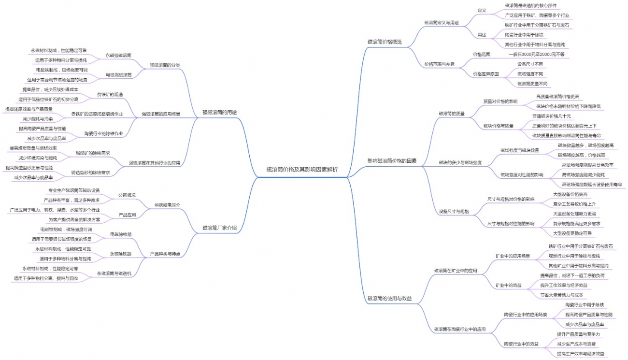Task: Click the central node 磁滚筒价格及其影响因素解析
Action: [x=302, y=170]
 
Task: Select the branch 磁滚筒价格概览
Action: [x=384, y=42]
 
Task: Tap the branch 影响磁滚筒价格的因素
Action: [x=392, y=160]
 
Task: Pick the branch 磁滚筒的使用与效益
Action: [x=389, y=299]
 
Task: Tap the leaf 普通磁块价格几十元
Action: [x=551, y=116]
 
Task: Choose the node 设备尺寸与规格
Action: [x=454, y=212]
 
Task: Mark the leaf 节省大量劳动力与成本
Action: [x=561, y=294]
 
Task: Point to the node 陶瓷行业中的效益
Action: [x=521, y=344]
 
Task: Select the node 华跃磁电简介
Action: [x=167, y=205]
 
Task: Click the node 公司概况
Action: [x=127, y=195]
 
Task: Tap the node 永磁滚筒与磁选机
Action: [x=114, y=273]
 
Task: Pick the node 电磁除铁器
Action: [x=121, y=234]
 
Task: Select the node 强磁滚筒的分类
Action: [x=165, y=65]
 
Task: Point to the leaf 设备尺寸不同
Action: [x=530, y=64]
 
